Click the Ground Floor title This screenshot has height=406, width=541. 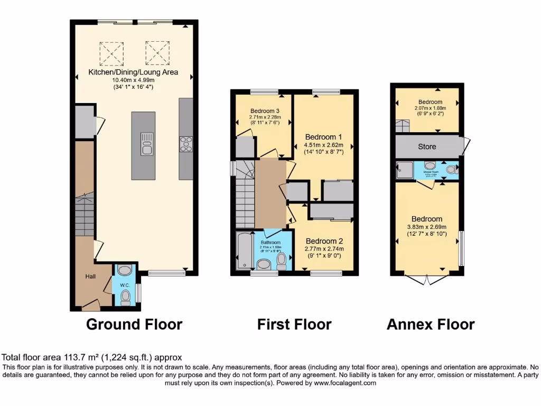(x=134, y=324)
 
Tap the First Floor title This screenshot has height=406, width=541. (x=294, y=324)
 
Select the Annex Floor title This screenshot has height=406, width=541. (x=431, y=324)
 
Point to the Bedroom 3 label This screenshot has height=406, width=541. (x=264, y=110)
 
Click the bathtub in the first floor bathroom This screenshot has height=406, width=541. (x=245, y=251)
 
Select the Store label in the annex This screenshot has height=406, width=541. (x=427, y=146)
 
